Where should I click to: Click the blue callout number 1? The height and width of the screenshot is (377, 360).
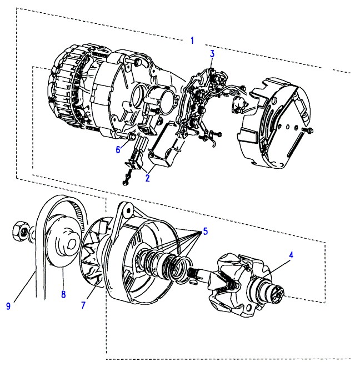[x=192, y=41]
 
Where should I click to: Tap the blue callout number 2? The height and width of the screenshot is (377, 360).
[x=147, y=178]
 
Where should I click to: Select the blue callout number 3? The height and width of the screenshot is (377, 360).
[x=212, y=54]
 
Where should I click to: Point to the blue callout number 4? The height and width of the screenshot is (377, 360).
[x=291, y=255]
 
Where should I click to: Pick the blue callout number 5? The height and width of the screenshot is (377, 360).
[x=205, y=232]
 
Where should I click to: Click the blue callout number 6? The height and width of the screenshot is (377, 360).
[x=118, y=149]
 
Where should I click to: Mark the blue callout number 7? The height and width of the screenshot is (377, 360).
[x=83, y=305]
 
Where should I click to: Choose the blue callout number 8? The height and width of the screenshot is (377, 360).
[x=63, y=294]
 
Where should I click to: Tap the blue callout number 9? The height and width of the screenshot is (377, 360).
[x=8, y=306]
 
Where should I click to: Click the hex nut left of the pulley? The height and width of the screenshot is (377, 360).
[x=21, y=232]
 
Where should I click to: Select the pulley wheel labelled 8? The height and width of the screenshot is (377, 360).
[x=63, y=240]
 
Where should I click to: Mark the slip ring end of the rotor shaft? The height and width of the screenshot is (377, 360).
[x=277, y=292]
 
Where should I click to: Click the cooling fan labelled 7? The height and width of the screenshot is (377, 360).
[x=93, y=253]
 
